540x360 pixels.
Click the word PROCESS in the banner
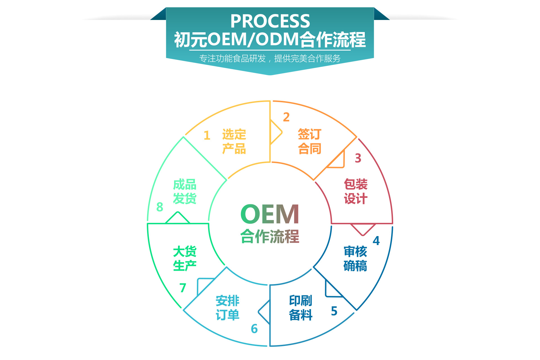click(270, 21)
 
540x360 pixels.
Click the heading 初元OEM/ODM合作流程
click(270, 40)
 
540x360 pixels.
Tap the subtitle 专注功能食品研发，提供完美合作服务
click(270, 58)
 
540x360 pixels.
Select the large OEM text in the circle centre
click(270, 214)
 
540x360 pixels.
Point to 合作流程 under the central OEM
click(270, 236)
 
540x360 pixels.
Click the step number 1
click(207, 135)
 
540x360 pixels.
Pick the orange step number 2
click(286, 117)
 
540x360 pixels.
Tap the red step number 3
click(358, 158)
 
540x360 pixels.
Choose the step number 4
click(376, 241)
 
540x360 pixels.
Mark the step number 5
click(334, 311)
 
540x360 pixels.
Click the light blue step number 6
click(254, 329)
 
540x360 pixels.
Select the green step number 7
click(183, 288)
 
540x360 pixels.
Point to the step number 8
click(160, 207)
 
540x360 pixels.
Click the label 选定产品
click(234, 142)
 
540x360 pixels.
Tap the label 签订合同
click(310, 141)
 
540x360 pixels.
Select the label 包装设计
click(356, 191)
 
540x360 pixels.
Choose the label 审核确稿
click(355, 259)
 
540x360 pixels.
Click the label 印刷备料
click(301, 308)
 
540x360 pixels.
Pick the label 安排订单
click(228, 308)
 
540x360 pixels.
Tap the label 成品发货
click(184, 191)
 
